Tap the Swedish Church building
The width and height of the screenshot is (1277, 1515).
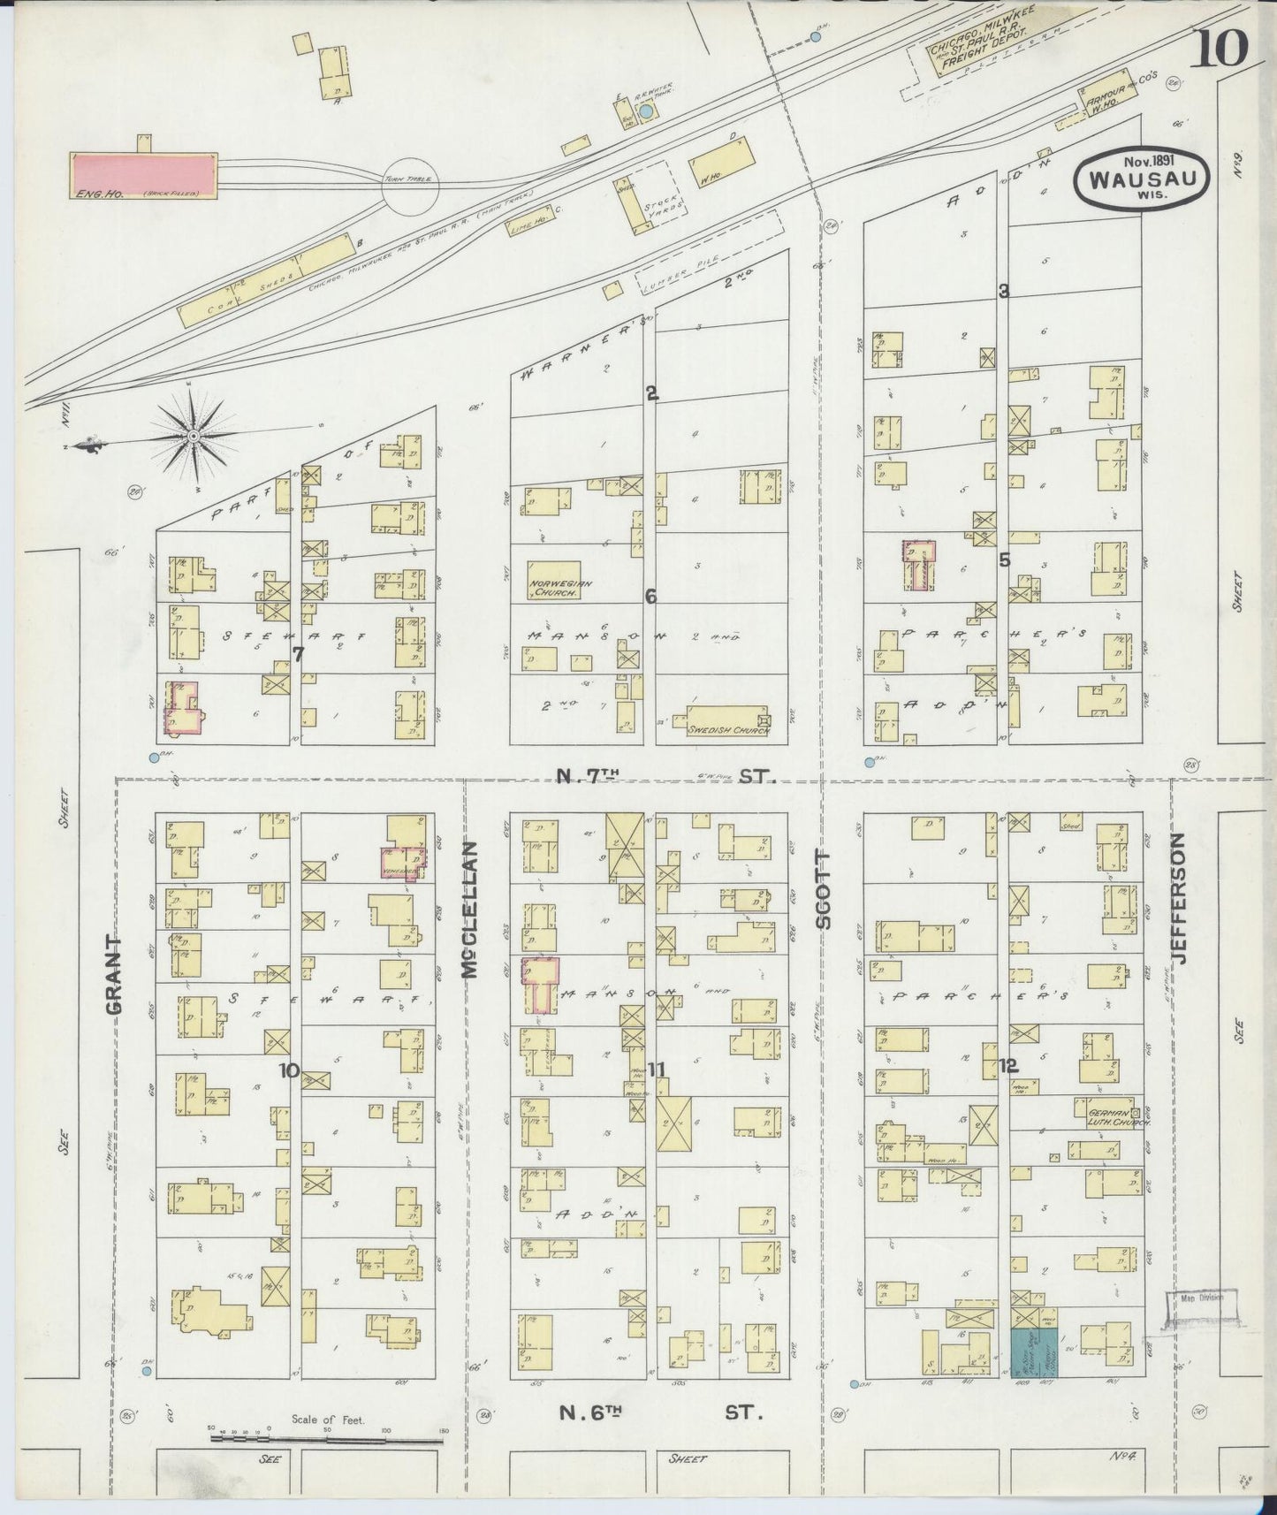click(x=723, y=720)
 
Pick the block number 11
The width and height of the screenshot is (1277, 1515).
click(x=656, y=1070)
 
